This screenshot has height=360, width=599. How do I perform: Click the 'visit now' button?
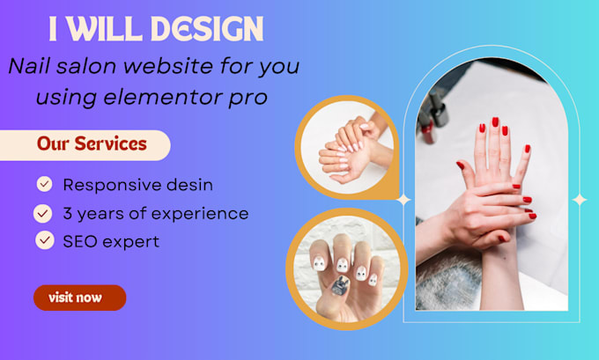click(79, 298)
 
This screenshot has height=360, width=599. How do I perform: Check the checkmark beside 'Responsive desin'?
click(43, 184)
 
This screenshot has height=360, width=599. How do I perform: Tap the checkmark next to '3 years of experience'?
click(42, 212)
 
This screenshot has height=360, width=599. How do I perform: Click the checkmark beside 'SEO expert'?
click(43, 239)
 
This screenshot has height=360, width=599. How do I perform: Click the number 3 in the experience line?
click(68, 213)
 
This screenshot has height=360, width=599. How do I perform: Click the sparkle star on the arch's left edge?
click(403, 199)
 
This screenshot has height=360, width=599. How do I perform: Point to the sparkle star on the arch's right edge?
click(579, 199)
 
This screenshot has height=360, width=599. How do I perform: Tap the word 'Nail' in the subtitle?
click(30, 66)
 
